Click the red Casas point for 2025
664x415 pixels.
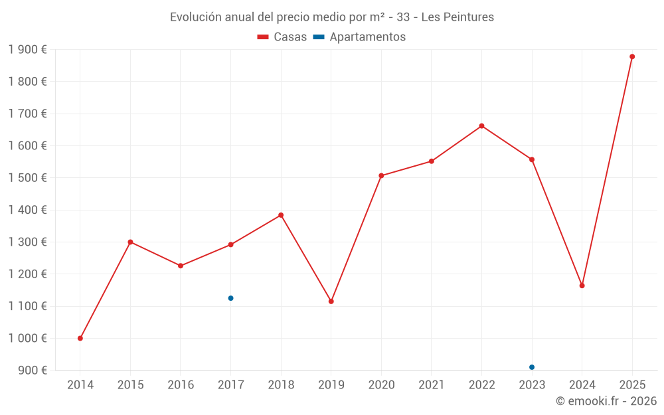[632, 56]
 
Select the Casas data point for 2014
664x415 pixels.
[80, 338]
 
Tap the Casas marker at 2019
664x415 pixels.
[331, 301]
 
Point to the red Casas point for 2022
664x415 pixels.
[481, 125]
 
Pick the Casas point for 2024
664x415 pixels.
[582, 286]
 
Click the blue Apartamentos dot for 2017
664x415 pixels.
[230, 298]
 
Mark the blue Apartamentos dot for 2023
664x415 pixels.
[532, 367]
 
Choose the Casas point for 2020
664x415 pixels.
[381, 175]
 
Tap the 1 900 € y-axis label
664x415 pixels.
[28, 50]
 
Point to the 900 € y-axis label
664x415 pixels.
[32, 371]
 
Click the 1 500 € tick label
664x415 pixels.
[28, 178]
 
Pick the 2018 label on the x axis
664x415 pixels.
[281, 384]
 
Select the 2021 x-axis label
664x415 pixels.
[432, 384]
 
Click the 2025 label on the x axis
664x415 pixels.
[632, 384]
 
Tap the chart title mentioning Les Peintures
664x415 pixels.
[332, 17]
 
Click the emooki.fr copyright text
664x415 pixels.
[606, 401]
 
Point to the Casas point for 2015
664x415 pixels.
[130, 242]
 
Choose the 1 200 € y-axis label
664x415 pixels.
[28, 274]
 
